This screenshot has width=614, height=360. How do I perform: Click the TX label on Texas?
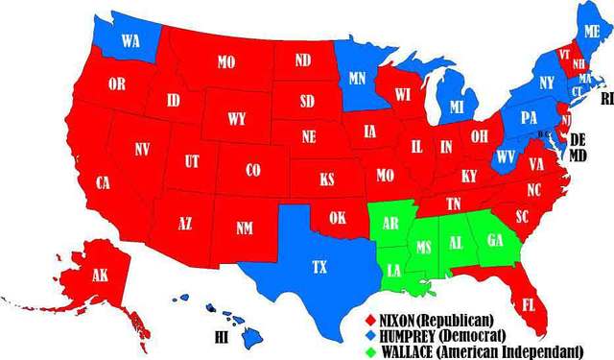tap(319, 268)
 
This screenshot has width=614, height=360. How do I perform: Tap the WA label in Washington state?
tap(130, 41)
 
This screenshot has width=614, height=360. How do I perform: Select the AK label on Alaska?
tap(100, 274)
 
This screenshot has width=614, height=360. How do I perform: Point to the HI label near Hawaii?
tap(222, 338)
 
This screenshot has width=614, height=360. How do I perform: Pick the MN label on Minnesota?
tap(357, 78)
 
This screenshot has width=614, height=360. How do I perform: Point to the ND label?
tap(303, 60)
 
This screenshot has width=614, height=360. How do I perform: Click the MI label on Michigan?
tap(458, 105)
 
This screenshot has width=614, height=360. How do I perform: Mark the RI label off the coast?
tap(604, 99)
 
